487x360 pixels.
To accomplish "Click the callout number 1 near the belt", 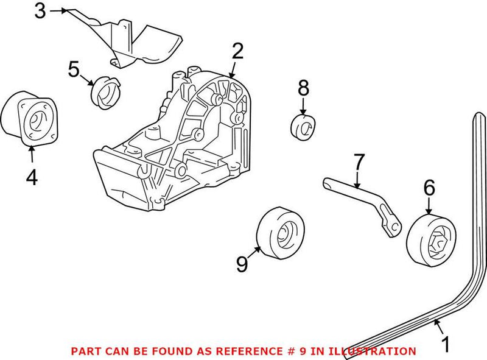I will pos(446,344).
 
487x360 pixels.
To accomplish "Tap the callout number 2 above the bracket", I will pos(237,51).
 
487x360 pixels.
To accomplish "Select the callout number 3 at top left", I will pos(40,11).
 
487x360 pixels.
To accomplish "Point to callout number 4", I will pos(32,177).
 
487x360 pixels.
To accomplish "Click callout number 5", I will pos(74,69).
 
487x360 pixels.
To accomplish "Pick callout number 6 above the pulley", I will pos(430,188).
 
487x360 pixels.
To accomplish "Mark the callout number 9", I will pos(242,264).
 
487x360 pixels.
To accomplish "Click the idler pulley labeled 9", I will pos(281,233).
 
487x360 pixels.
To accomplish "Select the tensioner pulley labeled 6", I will pos(432,241).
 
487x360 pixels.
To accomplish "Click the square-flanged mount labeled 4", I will pos(33,118).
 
